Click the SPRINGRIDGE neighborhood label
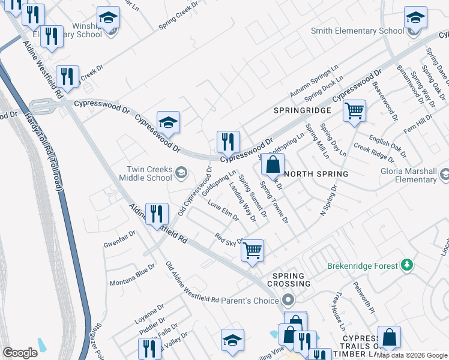tap(302, 111)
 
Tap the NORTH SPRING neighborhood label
tap(316, 174)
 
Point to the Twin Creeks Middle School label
tap(145, 173)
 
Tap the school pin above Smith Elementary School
tap(415, 18)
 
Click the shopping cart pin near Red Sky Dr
tap(253, 250)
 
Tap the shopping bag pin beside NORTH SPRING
tap(273, 164)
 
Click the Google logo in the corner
tap(20, 353)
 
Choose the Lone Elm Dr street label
tap(223, 211)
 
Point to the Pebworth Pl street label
tap(364, 298)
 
